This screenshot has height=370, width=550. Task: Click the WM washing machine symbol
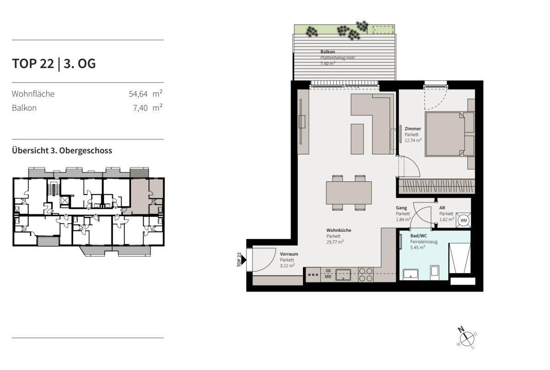[463, 220]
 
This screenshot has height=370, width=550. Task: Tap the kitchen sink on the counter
[343, 275]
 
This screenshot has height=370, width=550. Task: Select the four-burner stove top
[366, 275]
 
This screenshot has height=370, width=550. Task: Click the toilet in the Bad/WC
[434, 272]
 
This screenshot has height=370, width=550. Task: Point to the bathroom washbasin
[411, 274]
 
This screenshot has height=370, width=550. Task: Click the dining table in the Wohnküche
[349, 193]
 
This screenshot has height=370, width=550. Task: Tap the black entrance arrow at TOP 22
[243, 260]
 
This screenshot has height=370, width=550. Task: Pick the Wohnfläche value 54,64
[138, 94]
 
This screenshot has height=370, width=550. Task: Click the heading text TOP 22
[33, 63]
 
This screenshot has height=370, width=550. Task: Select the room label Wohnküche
[339, 230]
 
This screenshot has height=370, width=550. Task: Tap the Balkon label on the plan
[328, 52]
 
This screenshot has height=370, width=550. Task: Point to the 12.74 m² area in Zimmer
[413, 140]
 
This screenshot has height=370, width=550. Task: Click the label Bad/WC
[418, 236]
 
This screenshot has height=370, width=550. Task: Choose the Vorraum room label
[289, 254]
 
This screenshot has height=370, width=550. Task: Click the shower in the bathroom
[460, 258]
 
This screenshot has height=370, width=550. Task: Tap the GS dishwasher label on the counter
[328, 270]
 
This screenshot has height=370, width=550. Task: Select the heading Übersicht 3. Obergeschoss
[62, 151]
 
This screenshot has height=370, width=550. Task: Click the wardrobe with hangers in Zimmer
[436, 186]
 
